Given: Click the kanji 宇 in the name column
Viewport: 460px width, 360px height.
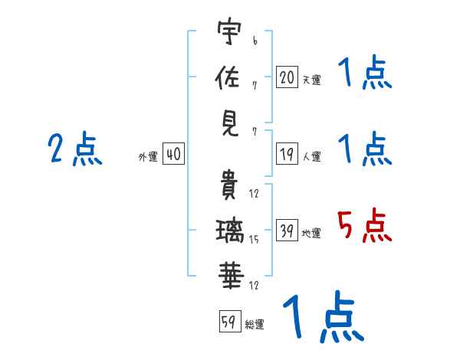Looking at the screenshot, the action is click(x=229, y=31).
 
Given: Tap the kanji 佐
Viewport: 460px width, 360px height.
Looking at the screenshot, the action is click(x=228, y=77).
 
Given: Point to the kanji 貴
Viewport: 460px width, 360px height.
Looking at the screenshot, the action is click(x=228, y=185).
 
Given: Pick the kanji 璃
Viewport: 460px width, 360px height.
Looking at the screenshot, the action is click(x=230, y=231).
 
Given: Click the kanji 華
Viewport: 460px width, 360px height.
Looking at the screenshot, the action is click(x=232, y=276).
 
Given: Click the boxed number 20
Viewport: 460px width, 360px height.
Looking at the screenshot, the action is click(x=287, y=77).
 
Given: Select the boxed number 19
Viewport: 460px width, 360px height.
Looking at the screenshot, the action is click(x=287, y=154).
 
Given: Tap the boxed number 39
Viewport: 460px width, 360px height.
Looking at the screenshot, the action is click(x=287, y=230).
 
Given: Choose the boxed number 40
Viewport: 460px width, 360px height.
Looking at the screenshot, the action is click(x=173, y=154).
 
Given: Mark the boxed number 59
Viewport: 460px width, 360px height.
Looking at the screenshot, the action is click(x=230, y=321).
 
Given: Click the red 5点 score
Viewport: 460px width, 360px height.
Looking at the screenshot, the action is click(x=364, y=225).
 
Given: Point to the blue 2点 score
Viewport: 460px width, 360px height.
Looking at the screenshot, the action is click(x=75, y=149).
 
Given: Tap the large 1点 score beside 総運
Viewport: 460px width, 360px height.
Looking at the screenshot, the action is click(x=324, y=316).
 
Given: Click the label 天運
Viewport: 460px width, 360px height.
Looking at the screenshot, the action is click(x=312, y=80).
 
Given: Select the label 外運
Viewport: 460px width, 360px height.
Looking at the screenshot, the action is click(x=148, y=156).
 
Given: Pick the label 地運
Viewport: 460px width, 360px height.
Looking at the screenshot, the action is click(x=311, y=233).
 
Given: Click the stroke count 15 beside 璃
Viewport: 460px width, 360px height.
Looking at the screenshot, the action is click(x=254, y=240).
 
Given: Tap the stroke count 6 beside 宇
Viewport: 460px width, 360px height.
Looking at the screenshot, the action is click(x=255, y=41).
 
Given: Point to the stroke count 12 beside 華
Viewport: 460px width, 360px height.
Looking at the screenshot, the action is click(x=254, y=285).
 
